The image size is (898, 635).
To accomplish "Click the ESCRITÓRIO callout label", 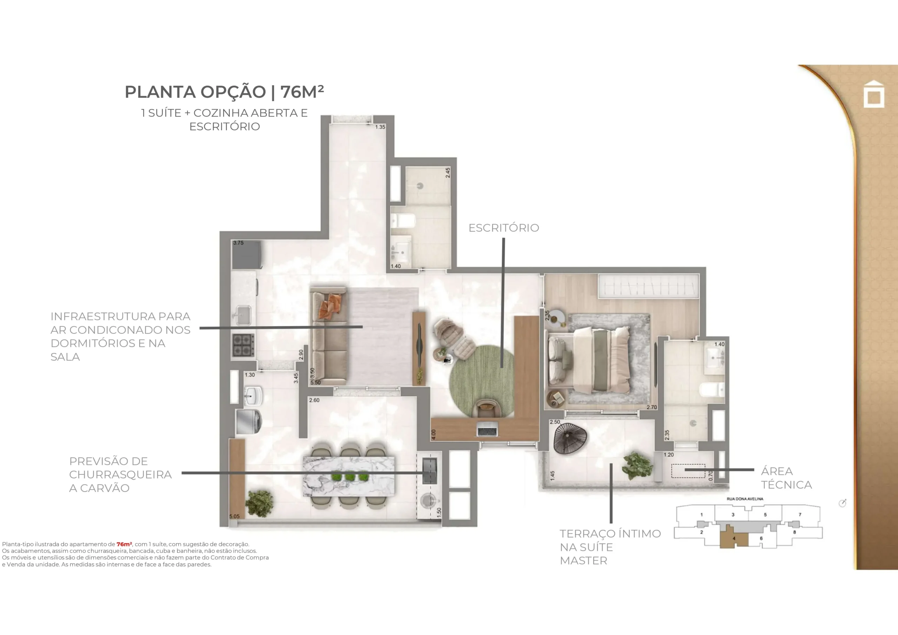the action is pyautogui.click(x=504, y=228).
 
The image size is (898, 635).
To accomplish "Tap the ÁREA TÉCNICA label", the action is pyautogui.click(x=786, y=478).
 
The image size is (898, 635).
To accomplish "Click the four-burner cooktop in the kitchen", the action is pyautogui.click(x=243, y=345).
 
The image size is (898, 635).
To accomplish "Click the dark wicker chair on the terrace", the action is pyautogui.click(x=570, y=439).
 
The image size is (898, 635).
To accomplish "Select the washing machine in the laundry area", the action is pyautogui.click(x=249, y=421).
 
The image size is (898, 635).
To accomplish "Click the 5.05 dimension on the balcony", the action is pyautogui.click(x=234, y=516).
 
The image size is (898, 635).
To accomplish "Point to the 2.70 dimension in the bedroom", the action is pyautogui.click(x=652, y=407).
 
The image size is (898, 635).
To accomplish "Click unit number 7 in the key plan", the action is pyautogui.click(x=800, y=515).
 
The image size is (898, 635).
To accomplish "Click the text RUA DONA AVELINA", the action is pyautogui.click(x=745, y=499).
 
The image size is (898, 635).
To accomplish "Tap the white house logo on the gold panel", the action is pyautogui.click(x=874, y=94).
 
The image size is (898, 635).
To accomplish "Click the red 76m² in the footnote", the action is pyautogui.click(x=124, y=544).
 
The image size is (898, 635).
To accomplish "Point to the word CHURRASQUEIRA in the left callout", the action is pyautogui.click(x=120, y=475).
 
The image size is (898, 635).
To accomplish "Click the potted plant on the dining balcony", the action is pyautogui.click(x=259, y=503).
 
